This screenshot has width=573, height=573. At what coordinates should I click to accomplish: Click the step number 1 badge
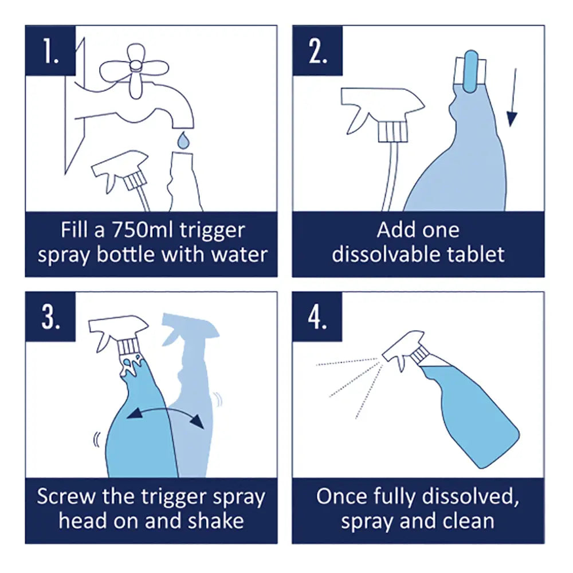point(50,50)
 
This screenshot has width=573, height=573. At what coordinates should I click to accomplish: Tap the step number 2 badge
point(317,50)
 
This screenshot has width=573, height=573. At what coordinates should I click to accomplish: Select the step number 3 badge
point(50,317)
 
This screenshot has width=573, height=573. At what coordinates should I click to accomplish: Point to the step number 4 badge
point(317,317)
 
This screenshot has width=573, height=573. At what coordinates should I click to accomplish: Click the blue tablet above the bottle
point(470,70)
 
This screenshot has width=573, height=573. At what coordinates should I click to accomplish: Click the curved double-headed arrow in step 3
point(165,414)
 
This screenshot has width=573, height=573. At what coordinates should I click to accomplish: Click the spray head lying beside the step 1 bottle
point(121,172)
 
